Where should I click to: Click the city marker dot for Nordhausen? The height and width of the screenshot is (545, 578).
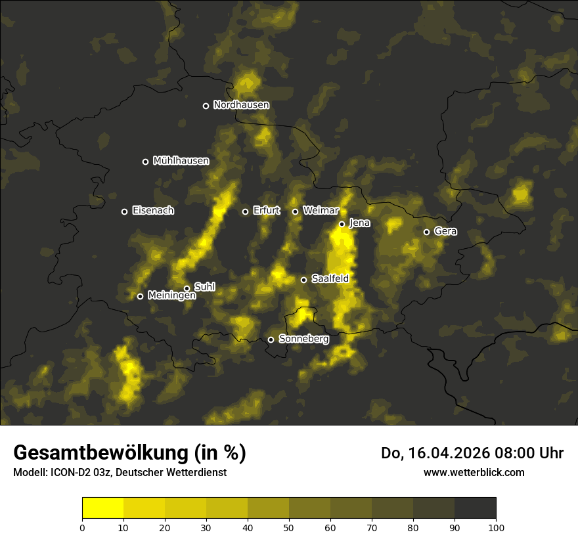(206, 106)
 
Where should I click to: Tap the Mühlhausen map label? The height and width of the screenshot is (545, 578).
(181, 161)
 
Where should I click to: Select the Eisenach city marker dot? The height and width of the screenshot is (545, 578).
(124, 211)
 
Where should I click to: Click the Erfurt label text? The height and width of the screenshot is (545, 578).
(266, 211)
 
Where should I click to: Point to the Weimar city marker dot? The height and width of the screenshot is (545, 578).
(295, 211)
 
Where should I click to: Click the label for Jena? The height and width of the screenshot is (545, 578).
(359, 223)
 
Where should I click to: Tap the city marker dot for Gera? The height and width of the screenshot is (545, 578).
(426, 232)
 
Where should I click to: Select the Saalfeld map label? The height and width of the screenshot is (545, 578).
(330, 279)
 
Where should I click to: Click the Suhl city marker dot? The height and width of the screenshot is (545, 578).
(187, 288)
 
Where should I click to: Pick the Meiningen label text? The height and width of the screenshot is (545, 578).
(171, 296)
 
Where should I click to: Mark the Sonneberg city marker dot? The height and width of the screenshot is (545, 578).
(271, 339)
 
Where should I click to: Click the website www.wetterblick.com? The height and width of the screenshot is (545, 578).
(474, 472)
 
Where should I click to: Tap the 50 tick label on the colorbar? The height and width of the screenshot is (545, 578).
(289, 527)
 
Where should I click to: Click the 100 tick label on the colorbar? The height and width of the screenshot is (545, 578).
(496, 527)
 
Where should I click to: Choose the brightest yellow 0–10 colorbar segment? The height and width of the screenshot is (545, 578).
(103, 508)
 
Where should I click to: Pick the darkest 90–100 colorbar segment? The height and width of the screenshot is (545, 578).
(475, 508)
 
